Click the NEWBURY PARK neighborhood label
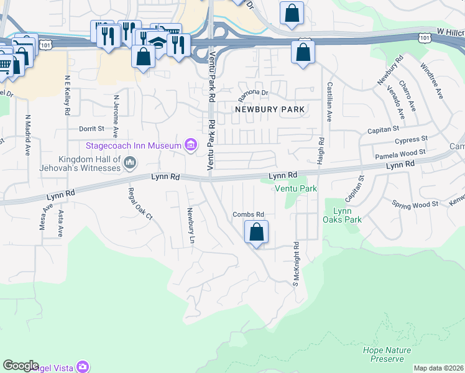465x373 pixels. tap(270, 109)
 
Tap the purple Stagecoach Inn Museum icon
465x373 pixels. tap(191, 146)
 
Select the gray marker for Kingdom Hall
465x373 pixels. tap(130, 163)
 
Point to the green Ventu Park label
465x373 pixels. tap(296, 188)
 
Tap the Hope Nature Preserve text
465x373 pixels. tap(387, 354)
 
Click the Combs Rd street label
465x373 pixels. tap(249, 214)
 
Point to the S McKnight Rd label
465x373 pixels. tap(296, 264)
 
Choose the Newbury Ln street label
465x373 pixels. tap(190, 221)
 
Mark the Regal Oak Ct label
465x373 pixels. tap(140, 204)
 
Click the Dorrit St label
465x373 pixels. tap(91, 129)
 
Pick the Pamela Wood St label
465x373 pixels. tap(399, 152)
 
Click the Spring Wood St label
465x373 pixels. tap(415, 203)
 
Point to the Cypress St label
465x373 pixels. tap(412, 139)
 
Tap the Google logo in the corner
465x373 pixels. tap(21, 366)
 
